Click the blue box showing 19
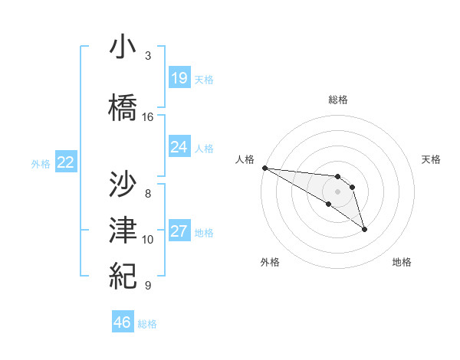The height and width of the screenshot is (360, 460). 179,78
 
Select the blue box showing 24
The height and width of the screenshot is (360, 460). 179,147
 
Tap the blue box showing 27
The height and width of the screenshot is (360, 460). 179,231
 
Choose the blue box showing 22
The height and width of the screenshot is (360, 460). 65,162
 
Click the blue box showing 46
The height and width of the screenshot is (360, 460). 123,322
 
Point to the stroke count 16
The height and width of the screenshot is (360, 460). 148,117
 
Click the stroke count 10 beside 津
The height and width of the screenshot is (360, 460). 148,240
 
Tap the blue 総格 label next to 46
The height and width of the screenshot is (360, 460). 147,324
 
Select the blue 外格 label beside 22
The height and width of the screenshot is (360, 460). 41,163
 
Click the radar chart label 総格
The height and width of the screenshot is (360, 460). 337,100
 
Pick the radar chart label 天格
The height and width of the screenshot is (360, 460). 432,159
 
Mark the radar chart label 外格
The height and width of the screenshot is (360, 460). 270,262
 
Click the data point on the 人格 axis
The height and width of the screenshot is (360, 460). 264,167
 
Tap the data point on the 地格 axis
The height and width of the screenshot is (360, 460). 364,229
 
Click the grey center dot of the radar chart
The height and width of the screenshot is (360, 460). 337,191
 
